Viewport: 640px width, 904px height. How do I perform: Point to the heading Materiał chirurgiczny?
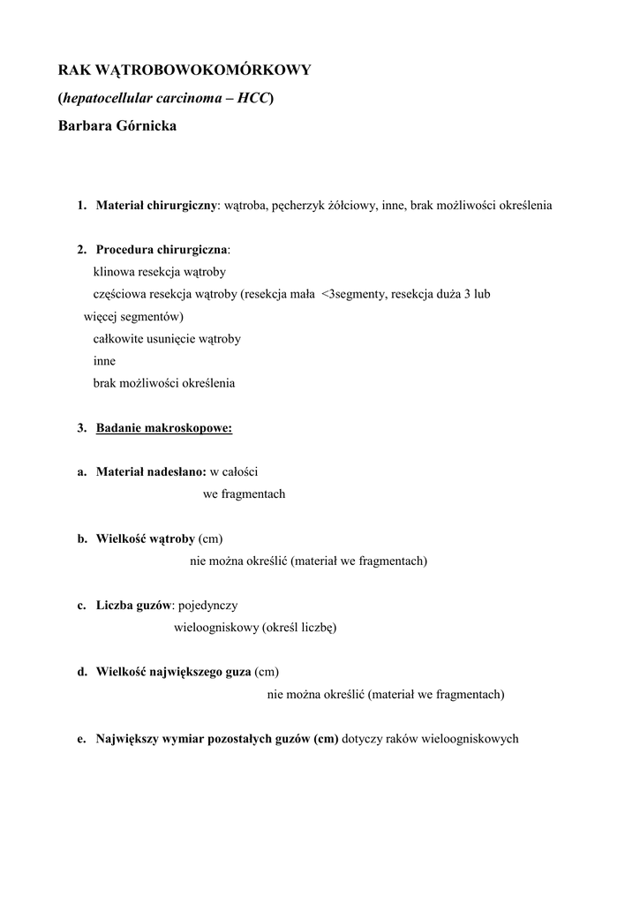coord(156,206)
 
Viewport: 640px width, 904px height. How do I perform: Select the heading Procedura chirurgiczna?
coord(161,250)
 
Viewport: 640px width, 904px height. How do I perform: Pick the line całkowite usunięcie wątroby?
coord(167,339)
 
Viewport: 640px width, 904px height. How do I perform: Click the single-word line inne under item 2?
coord(104,361)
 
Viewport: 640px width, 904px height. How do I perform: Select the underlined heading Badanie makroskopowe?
coord(163,428)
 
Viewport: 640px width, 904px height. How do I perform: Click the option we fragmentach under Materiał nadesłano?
coord(244,494)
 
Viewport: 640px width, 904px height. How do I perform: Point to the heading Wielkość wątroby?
coord(145,539)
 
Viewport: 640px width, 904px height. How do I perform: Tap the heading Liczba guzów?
coord(133,606)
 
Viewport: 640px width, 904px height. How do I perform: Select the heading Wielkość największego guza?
coord(173,673)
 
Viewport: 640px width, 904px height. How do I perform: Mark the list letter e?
coord(80,739)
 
